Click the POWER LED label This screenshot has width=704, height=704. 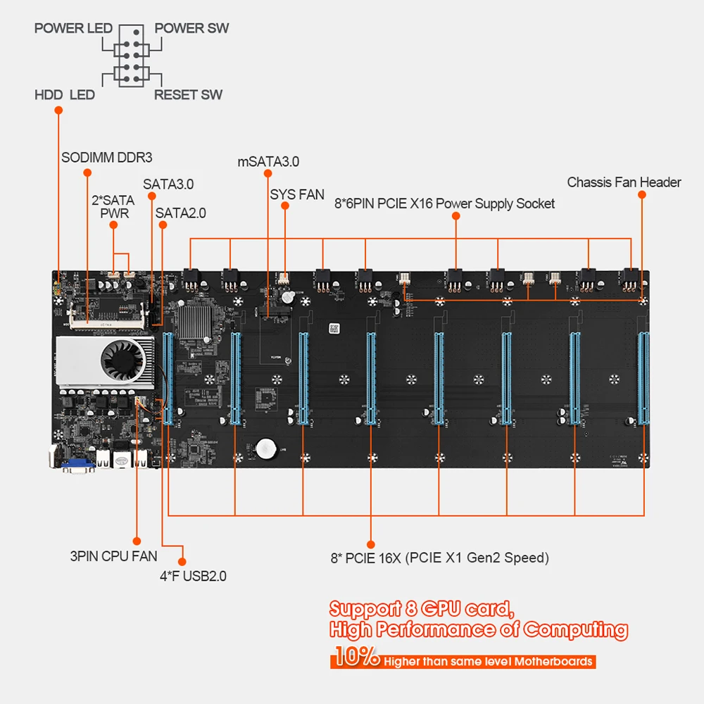point(73,29)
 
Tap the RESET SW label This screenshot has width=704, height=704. point(188,94)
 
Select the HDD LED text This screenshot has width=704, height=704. point(64,94)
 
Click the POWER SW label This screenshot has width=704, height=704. point(191,29)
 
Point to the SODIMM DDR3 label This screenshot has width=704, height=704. point(106,158)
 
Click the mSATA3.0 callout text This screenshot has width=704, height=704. point(268,161)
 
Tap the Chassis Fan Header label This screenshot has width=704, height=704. point(624,182)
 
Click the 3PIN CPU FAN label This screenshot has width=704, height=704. point(113,556)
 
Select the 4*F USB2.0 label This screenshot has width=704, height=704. point(193,576)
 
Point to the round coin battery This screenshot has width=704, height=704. point(266,448)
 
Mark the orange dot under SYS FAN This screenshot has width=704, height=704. point(284,206)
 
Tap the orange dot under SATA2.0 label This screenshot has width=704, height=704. point(162,225)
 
